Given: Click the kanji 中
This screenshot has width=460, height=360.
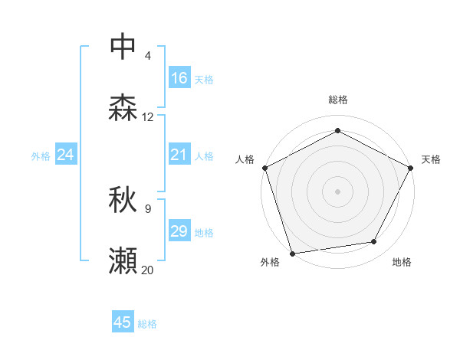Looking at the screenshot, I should (123, 46).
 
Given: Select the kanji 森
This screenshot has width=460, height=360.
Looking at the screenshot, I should (123, 108).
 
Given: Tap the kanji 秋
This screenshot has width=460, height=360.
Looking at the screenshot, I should (123, 200).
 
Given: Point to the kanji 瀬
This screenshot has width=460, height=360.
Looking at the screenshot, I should (123, 261).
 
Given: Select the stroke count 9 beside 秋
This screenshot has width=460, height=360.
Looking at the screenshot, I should (147, 208).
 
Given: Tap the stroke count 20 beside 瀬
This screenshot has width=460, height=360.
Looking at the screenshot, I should (147, 270).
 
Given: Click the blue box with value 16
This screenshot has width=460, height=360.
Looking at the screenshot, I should (179, 78).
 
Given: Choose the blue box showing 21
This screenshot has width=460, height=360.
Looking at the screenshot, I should (179, 155).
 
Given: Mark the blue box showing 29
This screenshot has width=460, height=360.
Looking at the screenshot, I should (179, 232).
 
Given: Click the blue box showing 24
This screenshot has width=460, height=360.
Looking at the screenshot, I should (66, 155).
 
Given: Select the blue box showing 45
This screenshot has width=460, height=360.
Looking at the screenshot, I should (123, 322).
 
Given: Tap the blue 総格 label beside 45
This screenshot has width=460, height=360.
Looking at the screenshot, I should (147, 324).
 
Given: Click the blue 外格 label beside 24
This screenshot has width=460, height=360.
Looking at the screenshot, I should (41, 156).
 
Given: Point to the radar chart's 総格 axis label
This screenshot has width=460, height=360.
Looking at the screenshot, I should (337, 100).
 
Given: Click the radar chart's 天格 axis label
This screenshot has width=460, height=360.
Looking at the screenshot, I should (431, 159).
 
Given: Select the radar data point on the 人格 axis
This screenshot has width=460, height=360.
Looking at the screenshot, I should (265, 167).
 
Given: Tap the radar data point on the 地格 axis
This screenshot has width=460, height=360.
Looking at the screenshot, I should (374, 241).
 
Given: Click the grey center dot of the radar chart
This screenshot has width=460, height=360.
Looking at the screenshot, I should (337, 191).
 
